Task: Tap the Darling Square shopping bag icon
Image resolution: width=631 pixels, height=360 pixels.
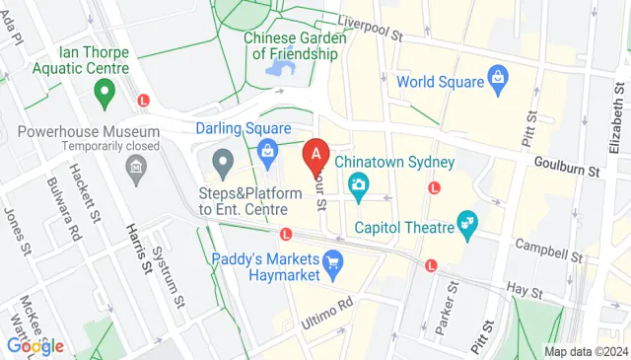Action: point(266,150)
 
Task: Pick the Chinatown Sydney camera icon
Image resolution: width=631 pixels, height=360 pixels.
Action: point(357,183)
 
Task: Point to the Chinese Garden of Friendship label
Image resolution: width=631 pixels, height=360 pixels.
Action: point(296,46)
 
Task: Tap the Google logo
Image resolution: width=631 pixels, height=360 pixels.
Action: point(35,346)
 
